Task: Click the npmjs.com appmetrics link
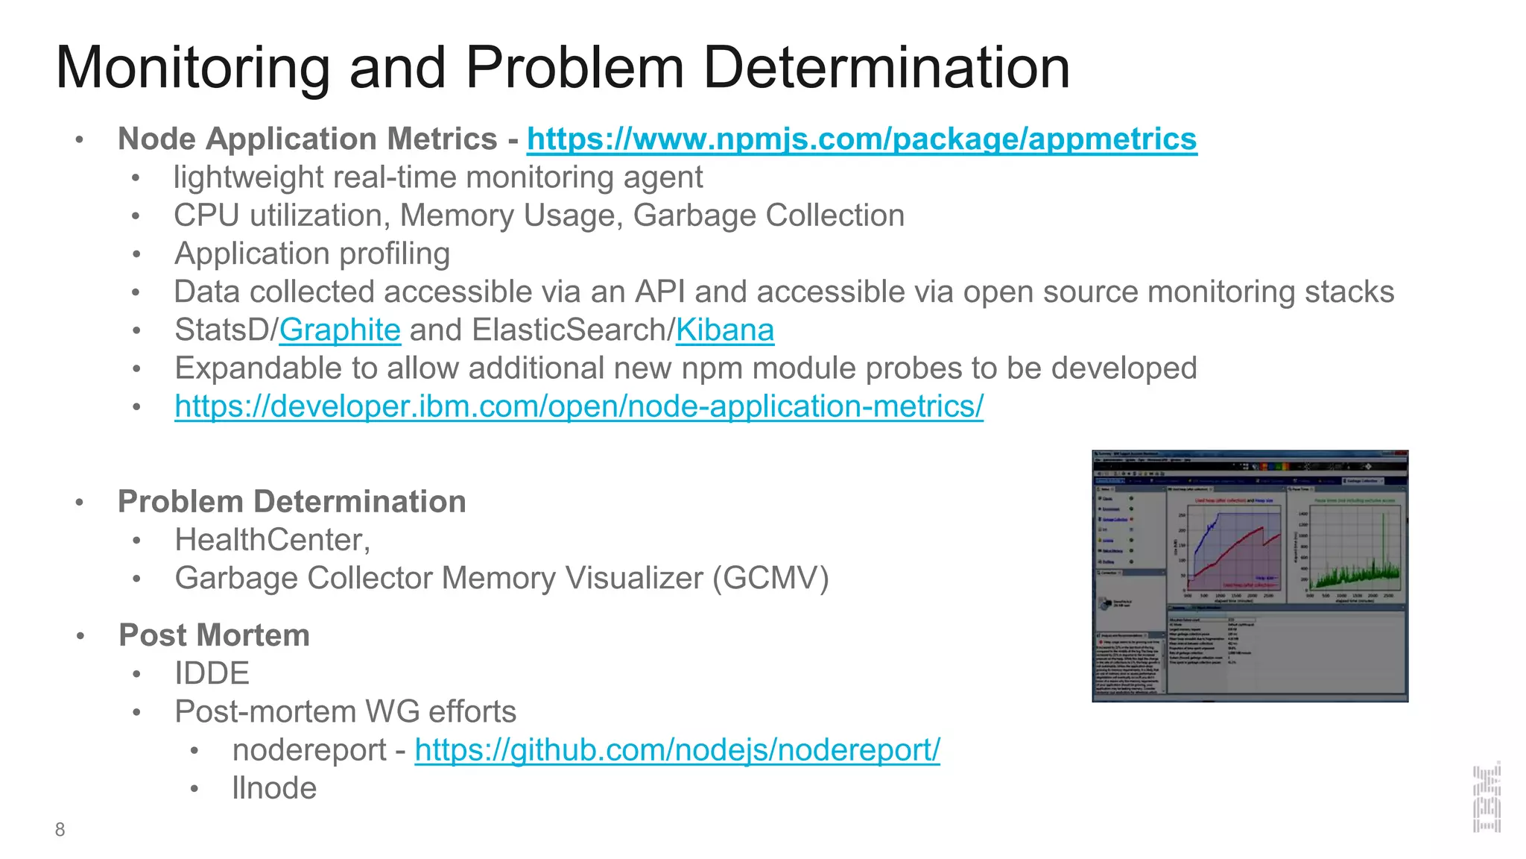861,139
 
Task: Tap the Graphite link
340,330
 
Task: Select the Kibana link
724,330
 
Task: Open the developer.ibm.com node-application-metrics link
578,407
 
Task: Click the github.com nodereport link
677,750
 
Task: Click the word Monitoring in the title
192,69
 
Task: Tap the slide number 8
60,830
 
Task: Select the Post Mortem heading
214,635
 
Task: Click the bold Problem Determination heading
291,502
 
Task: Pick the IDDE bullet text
212,674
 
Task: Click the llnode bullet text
274,788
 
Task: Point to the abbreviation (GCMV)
770,579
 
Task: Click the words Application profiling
311,254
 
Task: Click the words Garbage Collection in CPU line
768,216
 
